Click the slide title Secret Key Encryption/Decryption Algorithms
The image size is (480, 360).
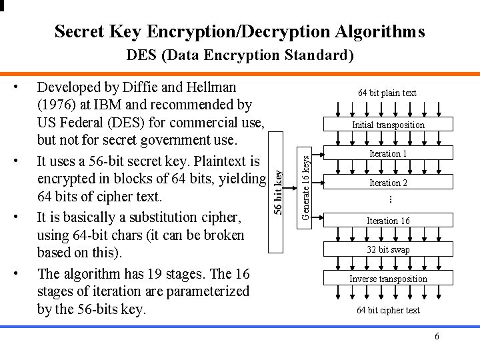[239, 31]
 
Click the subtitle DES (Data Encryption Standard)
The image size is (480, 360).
[240, 55]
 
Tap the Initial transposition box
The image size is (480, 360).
[388, 125]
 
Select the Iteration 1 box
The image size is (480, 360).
[388, 154]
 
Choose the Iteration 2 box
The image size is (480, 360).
[388, 183]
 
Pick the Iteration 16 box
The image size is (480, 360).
[388, 221]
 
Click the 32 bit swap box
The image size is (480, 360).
[388, 250]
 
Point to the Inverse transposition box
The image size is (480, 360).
[388, 279]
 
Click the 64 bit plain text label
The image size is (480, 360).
[387, 93]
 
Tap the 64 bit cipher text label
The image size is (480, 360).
[388, 310]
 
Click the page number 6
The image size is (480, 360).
[437, 337]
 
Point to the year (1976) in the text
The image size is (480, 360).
[57, 105]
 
